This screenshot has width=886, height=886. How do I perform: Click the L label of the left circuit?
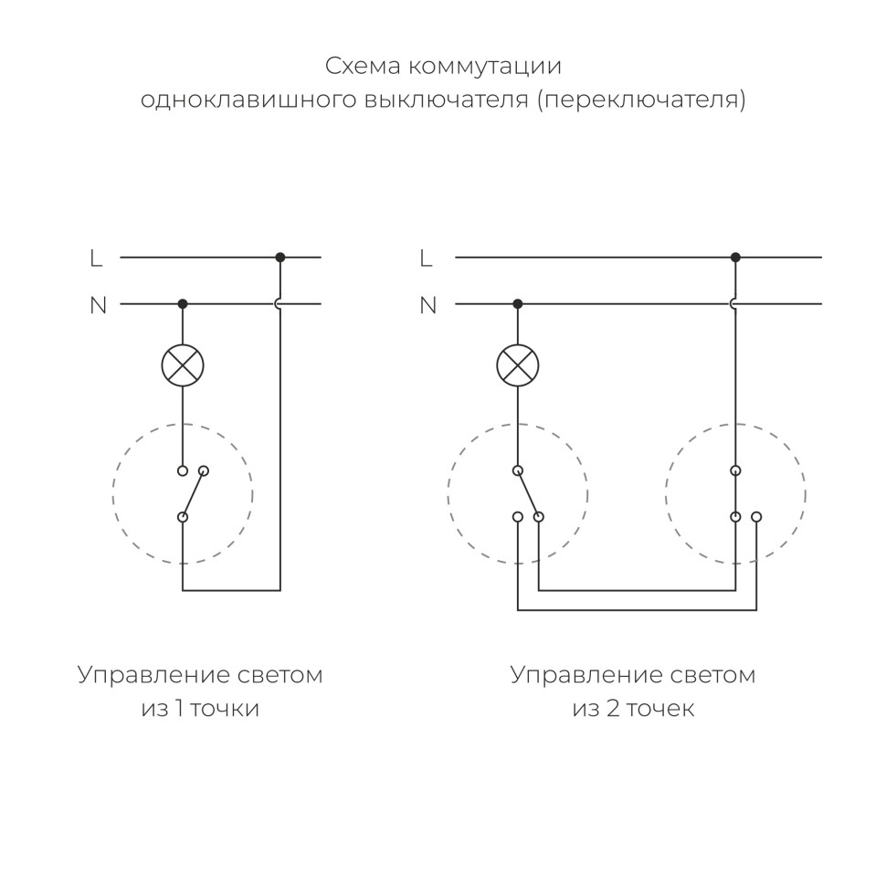[x=97, y=258]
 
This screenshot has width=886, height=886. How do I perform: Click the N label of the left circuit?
[x=98, y=305]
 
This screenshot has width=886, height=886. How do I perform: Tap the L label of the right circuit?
[x=426, y=258]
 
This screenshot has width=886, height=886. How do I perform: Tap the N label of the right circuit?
[x=427, y=305]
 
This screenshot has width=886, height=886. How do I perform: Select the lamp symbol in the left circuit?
[x=183, y=365]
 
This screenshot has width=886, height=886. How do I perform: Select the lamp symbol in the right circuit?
[x=518, y=365]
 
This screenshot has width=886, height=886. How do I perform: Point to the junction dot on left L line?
[x=280, y=258]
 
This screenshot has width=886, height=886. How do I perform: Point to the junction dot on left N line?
[x=183, y=303]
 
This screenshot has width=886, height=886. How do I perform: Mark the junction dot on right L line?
[x=735, y=258]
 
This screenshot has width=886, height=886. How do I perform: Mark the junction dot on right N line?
[x=518, y=303]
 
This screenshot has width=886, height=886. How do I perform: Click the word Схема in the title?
[x=362, y=67]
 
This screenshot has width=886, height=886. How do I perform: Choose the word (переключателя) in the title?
[x=641, y=100]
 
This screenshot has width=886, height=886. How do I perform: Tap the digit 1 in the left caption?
[x=180, y=709]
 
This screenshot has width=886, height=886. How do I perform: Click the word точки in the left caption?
[x=225, y=709]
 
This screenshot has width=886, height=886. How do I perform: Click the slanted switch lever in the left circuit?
[x=193, y=494]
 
